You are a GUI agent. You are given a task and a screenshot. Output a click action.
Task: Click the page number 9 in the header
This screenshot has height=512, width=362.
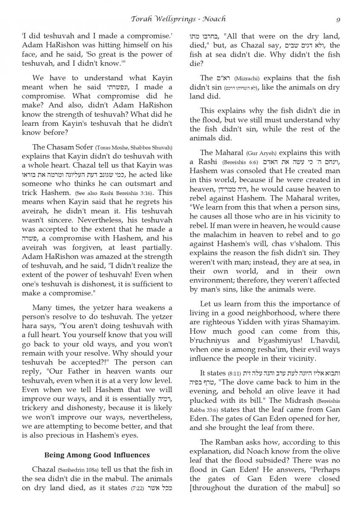coord(338,19)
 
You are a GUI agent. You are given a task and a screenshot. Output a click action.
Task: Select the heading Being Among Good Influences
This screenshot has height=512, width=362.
coord(97,455)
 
